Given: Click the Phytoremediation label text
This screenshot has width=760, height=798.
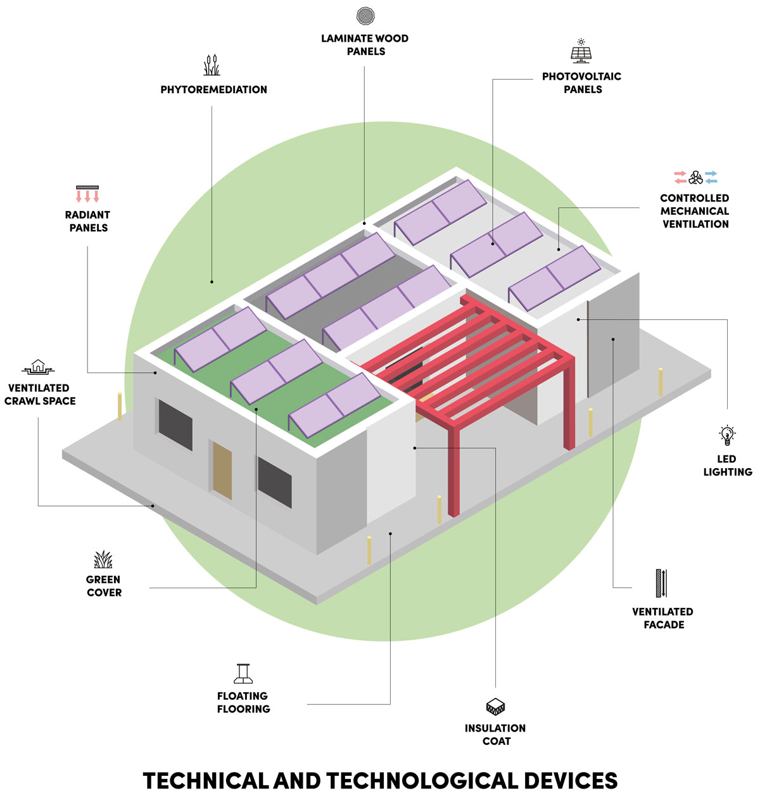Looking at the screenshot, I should click(213, 90).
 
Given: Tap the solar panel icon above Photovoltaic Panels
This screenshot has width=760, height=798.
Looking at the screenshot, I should click(581, 52).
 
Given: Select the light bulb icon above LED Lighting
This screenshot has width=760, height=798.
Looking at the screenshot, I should click(727, 436).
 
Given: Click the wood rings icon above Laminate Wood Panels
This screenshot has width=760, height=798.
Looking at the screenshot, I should click(365, 16).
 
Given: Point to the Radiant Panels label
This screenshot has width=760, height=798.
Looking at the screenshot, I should click(88, 221).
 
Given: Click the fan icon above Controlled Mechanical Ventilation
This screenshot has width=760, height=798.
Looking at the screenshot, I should click(695, 177).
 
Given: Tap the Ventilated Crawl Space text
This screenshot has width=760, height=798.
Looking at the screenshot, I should click(40, 394).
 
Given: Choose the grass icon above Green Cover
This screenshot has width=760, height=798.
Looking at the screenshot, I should click(103, 560).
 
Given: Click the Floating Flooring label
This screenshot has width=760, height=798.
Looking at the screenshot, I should click(243, 702).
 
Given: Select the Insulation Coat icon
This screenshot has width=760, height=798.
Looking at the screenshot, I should click(495, 707).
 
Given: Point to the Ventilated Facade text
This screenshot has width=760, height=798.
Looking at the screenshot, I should click(662, 618).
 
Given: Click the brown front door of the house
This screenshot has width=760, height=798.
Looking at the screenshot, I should click(222, 470).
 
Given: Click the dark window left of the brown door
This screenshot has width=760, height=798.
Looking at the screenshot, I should click(175, 424).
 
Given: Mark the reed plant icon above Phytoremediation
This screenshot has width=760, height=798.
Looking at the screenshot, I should click(212, 65).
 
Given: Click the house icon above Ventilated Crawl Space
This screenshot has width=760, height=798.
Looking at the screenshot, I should click(39, 367).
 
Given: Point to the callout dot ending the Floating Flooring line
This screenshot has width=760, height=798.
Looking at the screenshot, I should click(390, 534).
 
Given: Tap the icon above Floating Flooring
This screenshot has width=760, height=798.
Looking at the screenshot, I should click(244, 673).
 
